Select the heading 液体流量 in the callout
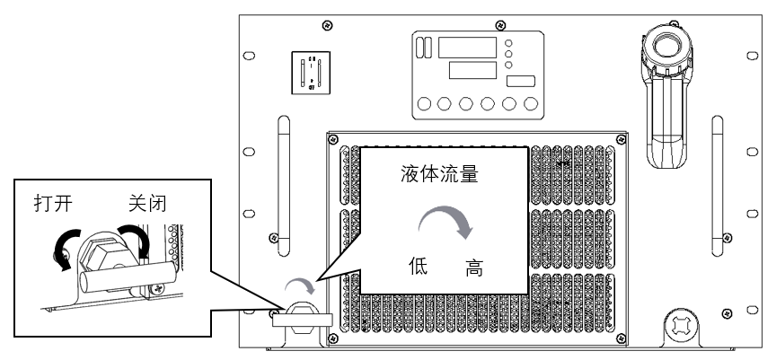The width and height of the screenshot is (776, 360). [x=437, y=176]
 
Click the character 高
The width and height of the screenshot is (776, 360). [x=473, y=268]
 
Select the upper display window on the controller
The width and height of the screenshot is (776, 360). [x=467, y=48]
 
